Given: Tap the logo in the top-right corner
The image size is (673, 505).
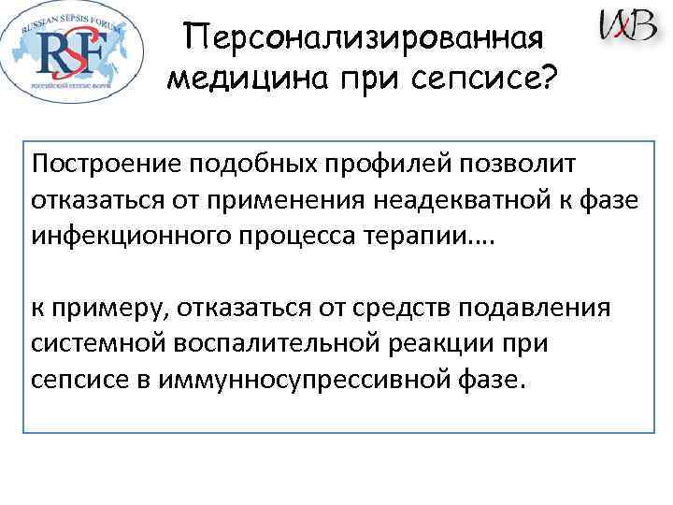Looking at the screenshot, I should (627, 25).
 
